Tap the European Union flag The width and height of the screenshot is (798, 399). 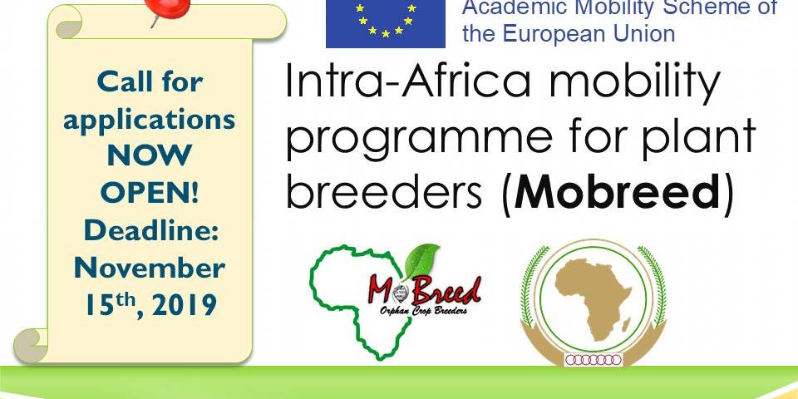pyautogui.click(x=385, y=24)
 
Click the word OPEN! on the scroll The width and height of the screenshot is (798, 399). pyautogui.click(x=150, y=192)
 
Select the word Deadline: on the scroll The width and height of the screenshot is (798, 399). pyautogui.click(x=150, y=230)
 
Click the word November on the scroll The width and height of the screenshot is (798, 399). pyautogui.click(x=150, y=268)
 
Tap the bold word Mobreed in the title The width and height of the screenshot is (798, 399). pyautogui.click(x=617, y=194)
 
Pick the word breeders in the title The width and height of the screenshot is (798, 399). pyautogui.click(x=384, y=194)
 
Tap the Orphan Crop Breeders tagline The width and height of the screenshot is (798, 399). pyautogui.click(x=423, y=310)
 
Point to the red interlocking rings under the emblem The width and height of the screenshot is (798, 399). pyautogui.click(x=594, y=360)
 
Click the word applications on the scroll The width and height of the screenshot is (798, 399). pyautogui.click(x=149, y=119)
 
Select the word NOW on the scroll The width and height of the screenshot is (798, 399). pyautogui.click(x=150, y=155)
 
